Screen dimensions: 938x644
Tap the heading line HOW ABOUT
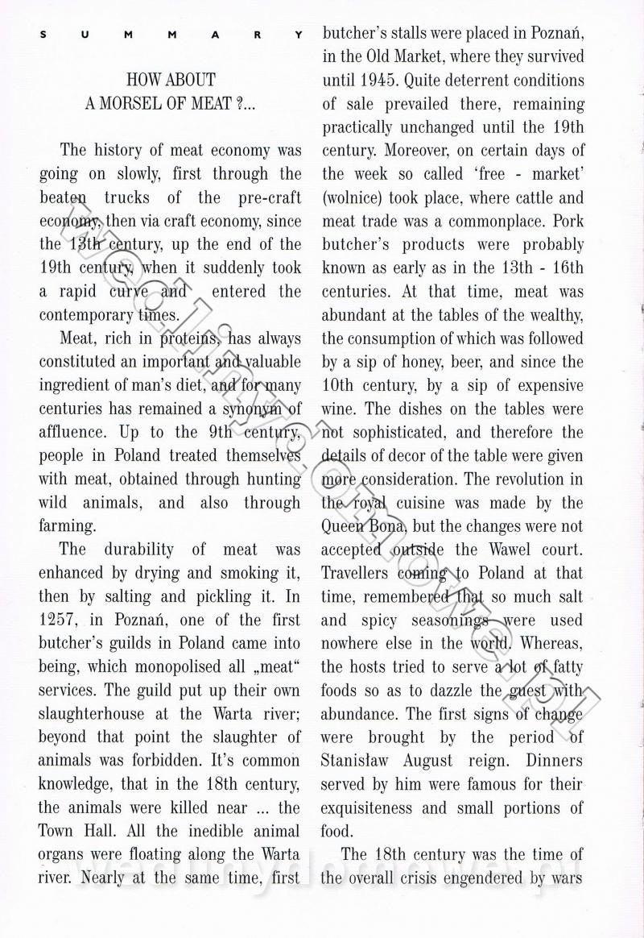(171, 80)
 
